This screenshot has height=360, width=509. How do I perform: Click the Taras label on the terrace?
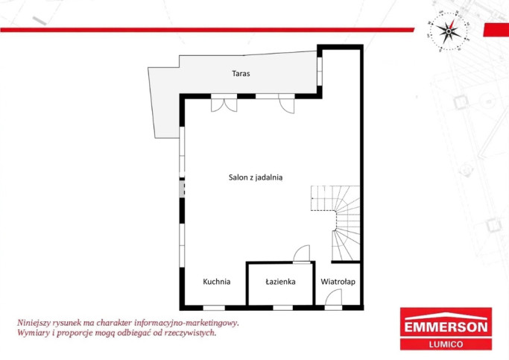tap(241, 73)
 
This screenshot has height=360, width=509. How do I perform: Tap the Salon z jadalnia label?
tap(256, 177)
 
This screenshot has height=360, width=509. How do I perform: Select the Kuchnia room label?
tap(217, 282)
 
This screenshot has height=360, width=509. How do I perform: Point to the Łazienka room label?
tap(280, 282)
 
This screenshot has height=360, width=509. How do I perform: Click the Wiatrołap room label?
tap(338, 282)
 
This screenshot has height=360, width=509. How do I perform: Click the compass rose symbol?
tap(449, 31)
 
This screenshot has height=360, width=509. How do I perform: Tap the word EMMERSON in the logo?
tap(446, 327)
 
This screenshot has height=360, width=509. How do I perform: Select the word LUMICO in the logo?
tap(446, 344)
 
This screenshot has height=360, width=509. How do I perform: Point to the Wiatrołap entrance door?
tap(333, 297)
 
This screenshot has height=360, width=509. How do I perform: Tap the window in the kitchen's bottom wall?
tap(214, 308)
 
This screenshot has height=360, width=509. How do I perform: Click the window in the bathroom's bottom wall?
tap(282, 308)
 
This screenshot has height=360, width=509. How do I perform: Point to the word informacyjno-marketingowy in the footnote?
tap(186, 323)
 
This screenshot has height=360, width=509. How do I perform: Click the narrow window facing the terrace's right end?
tap(320, 72)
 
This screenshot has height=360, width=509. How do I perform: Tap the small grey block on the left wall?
tap(182, 189)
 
